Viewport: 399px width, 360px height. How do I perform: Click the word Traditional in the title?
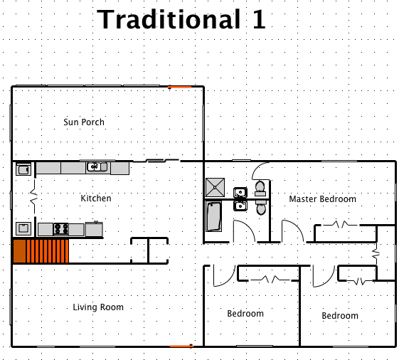point(168,19)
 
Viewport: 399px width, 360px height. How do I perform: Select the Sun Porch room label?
point(84,122)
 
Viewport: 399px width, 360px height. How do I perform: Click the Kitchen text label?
point(95,198)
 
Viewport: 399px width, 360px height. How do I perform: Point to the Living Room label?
point(98,307)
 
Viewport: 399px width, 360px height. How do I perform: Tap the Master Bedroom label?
point(322,199)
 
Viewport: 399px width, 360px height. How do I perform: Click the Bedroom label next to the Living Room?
point(245,314)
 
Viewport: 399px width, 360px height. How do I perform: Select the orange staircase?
point(41,251)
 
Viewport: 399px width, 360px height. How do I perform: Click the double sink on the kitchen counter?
point(97,167)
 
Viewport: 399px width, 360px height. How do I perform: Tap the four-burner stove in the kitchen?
point(60,229)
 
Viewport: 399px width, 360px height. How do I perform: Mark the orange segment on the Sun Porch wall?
point(180,87)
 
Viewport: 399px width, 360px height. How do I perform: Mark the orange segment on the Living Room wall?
point(181,346)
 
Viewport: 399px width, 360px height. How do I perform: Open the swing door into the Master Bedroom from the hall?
point(291,232)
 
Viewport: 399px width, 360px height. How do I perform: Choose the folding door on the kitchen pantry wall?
point(33,193)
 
